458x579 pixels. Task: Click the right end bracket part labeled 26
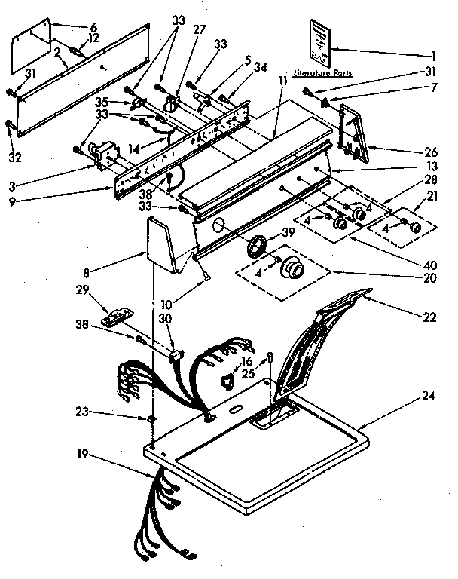pyautogui.click(x=355, y=136)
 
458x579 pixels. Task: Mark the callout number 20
pyautogui.click(x=429, y=277)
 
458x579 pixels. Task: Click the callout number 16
pyautogui.click(x=245, y=363)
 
